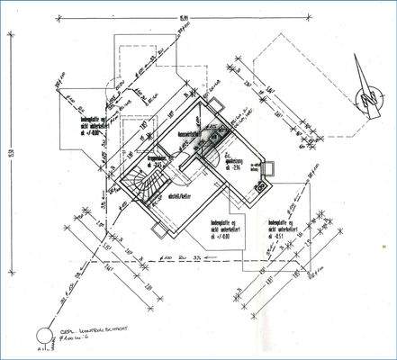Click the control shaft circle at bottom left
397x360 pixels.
point(41,339)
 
